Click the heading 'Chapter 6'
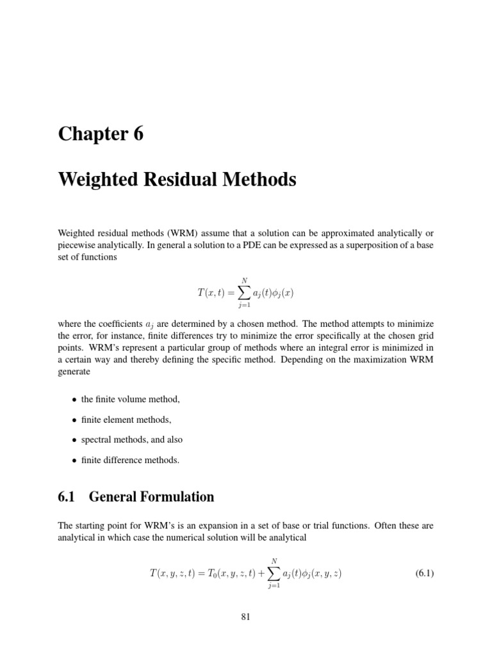point(101,134)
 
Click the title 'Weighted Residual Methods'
point(177,180)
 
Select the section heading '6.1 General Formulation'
point(136,496)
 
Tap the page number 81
point(246,617)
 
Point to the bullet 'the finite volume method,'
point(131,399)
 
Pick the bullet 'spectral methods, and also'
point(131,439)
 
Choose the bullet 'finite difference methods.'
point(130,460)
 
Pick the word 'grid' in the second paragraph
point(425,334)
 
